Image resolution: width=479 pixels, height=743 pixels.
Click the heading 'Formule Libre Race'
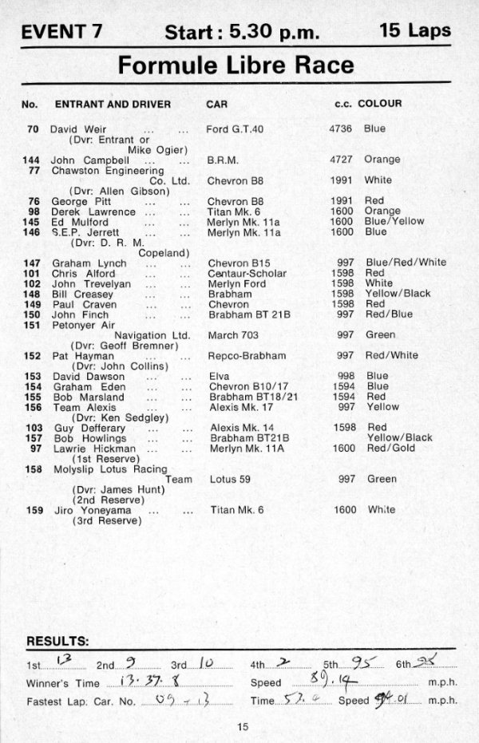[236, 65]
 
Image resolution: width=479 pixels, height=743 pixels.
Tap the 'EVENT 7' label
[66, 32]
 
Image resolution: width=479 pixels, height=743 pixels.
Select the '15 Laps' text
[415, 31]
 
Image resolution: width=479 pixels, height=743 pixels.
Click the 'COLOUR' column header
[380, 104]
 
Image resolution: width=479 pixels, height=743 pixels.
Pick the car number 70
[33, 128]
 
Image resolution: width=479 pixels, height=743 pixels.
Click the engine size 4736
[341, 128]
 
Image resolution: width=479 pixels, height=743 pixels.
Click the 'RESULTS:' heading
[58, 641]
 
